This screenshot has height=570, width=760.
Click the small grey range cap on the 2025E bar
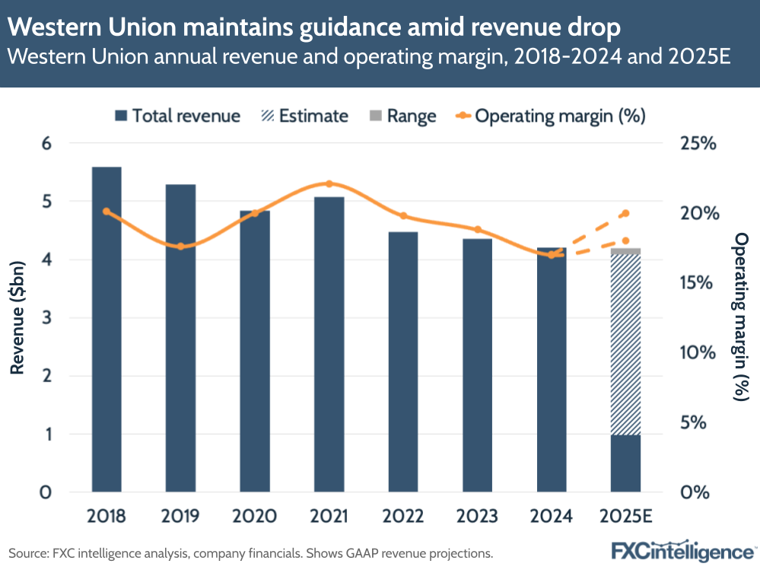coord(625,251)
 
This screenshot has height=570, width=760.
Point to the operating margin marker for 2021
coord(329,183)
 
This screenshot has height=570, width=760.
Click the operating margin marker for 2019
coord(180,247)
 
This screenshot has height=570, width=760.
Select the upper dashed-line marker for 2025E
coord(625,213)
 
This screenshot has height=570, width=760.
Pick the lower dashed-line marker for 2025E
coord(625,241)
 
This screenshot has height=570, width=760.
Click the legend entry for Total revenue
coord(177,116)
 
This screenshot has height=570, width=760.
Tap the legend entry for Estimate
coord(304,116)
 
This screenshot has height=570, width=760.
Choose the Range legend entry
coord(402,116)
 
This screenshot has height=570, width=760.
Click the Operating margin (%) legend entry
coord(552,116)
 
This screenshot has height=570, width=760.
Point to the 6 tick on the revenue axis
coord(46,143)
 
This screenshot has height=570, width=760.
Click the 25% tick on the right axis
coord(698,143)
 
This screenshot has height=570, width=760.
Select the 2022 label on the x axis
coord(402,517)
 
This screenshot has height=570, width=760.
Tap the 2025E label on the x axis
coord(625,517)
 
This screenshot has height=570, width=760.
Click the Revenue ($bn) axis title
coord(16,317)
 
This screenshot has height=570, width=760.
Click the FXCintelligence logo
coord(682,550)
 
